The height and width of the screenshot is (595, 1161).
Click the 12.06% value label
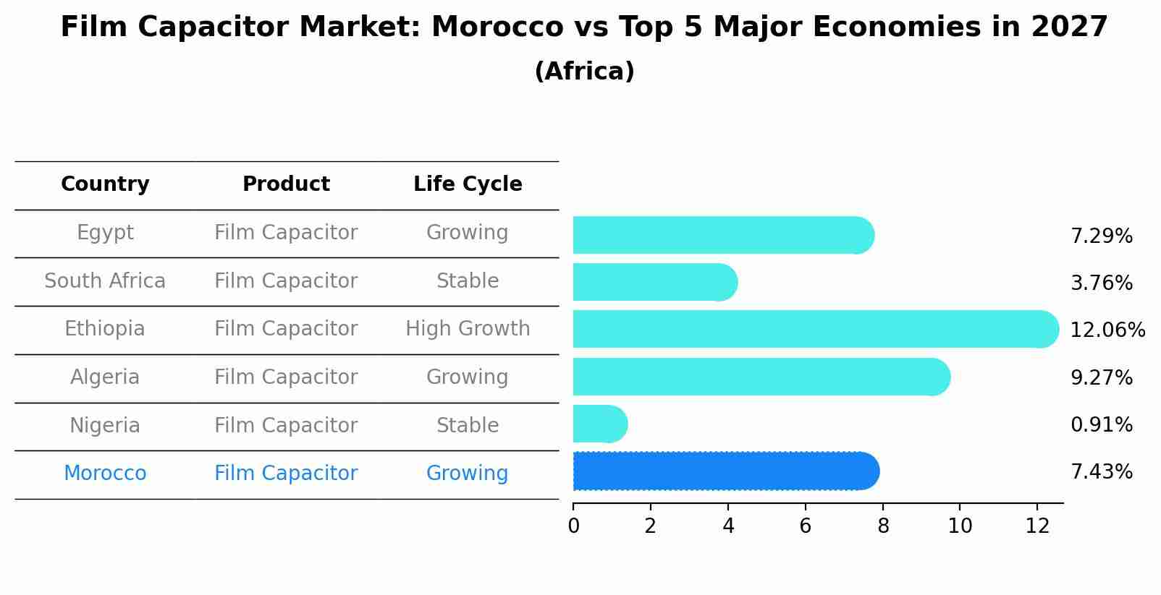pyautogui.click(x=1107, y=330)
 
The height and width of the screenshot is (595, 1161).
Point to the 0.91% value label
pyautogui.click(x=1101, y=425)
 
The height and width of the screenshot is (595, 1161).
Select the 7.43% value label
pyautogui.click(x=1101, y=472)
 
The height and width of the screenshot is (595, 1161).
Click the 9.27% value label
pyautogui.click(x=1101, y=378)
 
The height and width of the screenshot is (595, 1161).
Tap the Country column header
pyautogui.click(x=105, y=184)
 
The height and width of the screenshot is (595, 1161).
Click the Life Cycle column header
pyautogui.click(x=468, y=184)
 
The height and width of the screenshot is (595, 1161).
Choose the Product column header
pyautogui.click(x=286, y=184)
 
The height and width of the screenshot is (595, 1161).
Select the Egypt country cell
pyautogui.click(x=105, y=233)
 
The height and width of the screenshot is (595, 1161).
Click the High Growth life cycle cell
pyautogui.click(x=468, y=329)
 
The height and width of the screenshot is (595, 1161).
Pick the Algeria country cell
pyautogui.click(x=105, y=377)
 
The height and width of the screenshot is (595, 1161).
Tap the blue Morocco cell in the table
pyautogui.click(x=105, y=474)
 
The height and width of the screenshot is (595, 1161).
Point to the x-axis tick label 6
pyautogui.click(x=805, y=526)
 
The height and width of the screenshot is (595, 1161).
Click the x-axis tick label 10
pyautogui.click(x=960, y=526)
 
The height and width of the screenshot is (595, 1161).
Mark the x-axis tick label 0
pyautogui.click(x=573, y=526)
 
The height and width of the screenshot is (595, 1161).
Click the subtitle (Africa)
pyautogui.click(x=584, y=72)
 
